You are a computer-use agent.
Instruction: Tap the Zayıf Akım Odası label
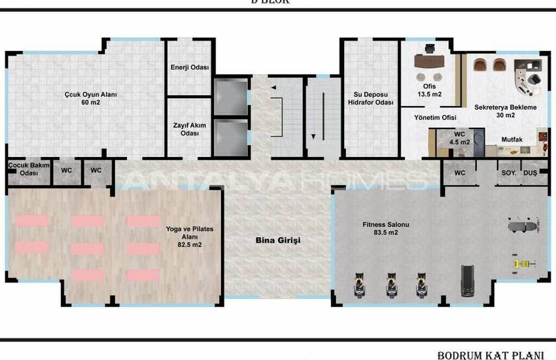click(x=189, y=128)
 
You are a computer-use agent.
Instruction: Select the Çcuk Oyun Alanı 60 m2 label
click(x=90, y=98)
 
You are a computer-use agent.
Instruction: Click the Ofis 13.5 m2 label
click(x=429, y=90)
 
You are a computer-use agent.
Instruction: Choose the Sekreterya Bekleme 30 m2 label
click(x=506, y=111)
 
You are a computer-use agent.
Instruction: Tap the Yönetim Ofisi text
click(x=434, y=118)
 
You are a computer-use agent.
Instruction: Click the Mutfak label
click(x=512, y=139)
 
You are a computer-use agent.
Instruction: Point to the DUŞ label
click(x=529, y=173)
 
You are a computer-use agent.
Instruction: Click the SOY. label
click(x=509, y=173)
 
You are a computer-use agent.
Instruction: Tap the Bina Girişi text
click(x=277, y=241)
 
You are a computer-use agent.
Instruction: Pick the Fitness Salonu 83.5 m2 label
click(x=386, y=228)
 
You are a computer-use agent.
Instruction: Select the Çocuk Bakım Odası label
click(x=28, y=169)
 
